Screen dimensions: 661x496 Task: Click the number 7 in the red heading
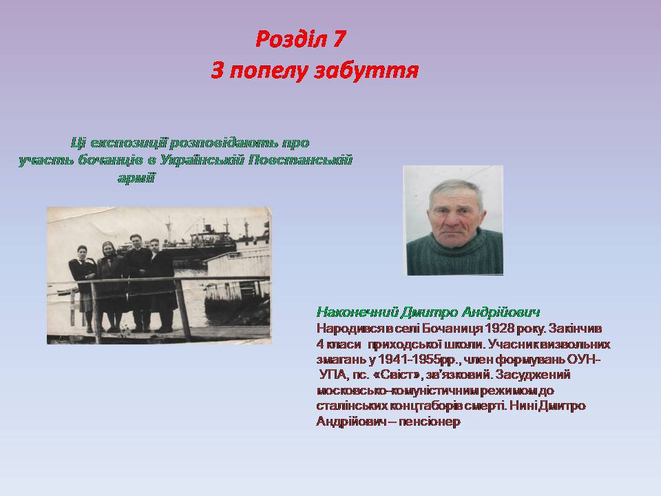[x=338, y=39]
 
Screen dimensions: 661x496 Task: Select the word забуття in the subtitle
[x=366, y=70]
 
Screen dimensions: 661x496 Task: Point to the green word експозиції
[x=129, y=143]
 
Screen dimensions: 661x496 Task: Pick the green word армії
[x=136, y=178]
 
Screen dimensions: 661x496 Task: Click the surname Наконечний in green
[x=357, y=313]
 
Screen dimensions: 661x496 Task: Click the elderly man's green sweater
[x=454, y=254]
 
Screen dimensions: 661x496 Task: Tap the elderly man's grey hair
[x=456, y=190]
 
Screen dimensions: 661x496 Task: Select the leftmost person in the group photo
[x=83, y=287]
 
